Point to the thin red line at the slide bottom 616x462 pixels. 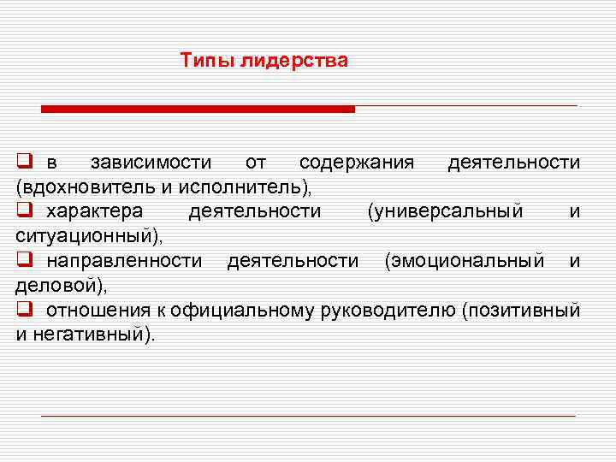308,416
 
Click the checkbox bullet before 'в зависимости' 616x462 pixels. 24,163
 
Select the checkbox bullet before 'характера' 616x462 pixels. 24,210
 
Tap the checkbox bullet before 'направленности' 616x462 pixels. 24,260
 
